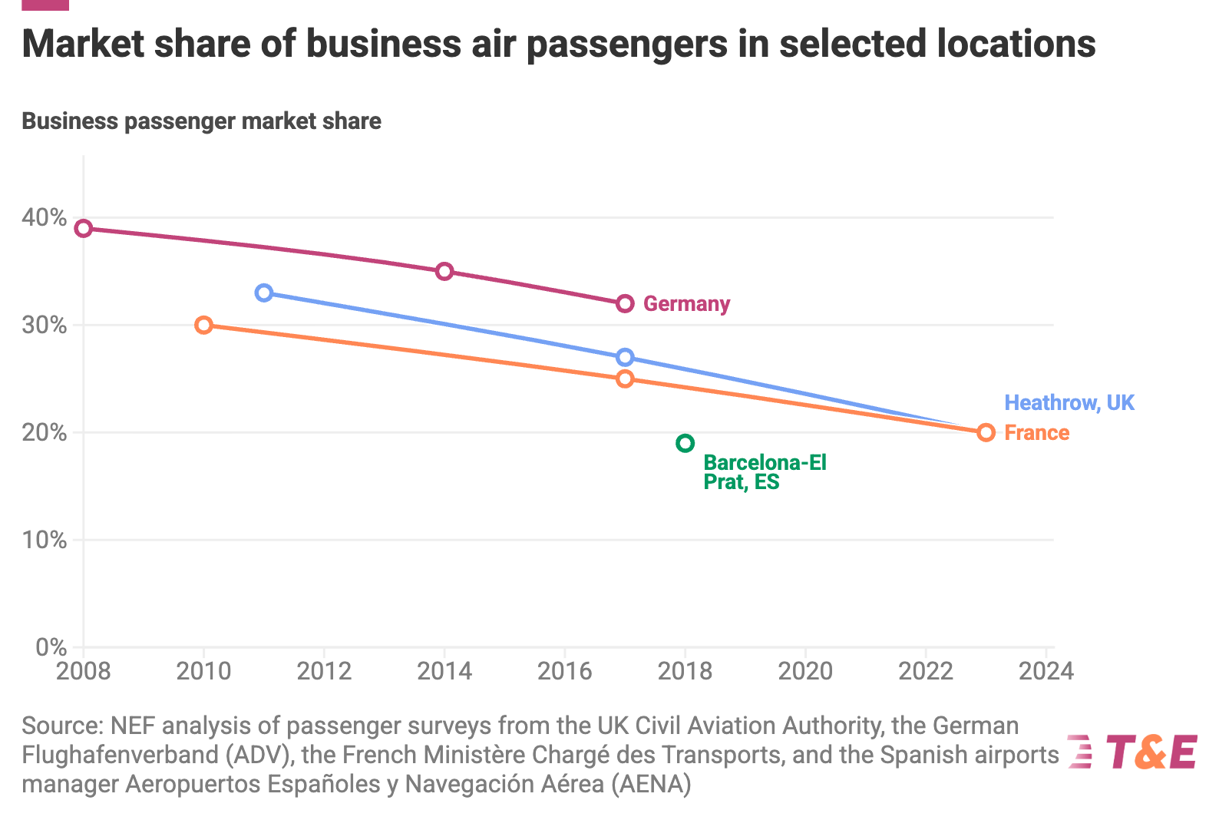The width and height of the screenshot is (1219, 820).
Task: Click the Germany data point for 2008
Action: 84,228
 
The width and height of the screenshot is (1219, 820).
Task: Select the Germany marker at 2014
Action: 444,271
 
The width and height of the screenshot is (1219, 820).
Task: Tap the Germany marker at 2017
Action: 625,303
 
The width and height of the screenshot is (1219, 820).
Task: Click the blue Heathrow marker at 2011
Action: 264,293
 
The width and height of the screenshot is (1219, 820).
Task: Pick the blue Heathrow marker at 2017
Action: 625,357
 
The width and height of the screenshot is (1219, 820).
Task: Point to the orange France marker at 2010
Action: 203,325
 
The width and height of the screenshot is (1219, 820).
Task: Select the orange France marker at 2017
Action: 625,379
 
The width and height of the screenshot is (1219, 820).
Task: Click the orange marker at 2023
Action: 986,432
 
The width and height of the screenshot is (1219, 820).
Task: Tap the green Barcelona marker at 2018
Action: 685,443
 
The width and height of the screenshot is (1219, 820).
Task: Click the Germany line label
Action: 686,304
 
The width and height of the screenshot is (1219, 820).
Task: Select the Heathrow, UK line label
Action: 1069,402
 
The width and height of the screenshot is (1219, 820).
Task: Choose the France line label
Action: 1036,433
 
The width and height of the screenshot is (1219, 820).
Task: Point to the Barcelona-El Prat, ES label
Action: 765,472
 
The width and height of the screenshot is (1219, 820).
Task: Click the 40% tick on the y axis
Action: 45,217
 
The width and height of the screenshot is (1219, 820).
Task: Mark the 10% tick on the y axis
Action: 45,540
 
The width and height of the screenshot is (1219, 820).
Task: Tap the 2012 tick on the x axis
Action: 324,671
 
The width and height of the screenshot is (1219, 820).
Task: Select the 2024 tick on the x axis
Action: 1046,671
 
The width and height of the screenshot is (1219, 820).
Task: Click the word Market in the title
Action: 83,44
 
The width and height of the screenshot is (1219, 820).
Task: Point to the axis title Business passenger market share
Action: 201,121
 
